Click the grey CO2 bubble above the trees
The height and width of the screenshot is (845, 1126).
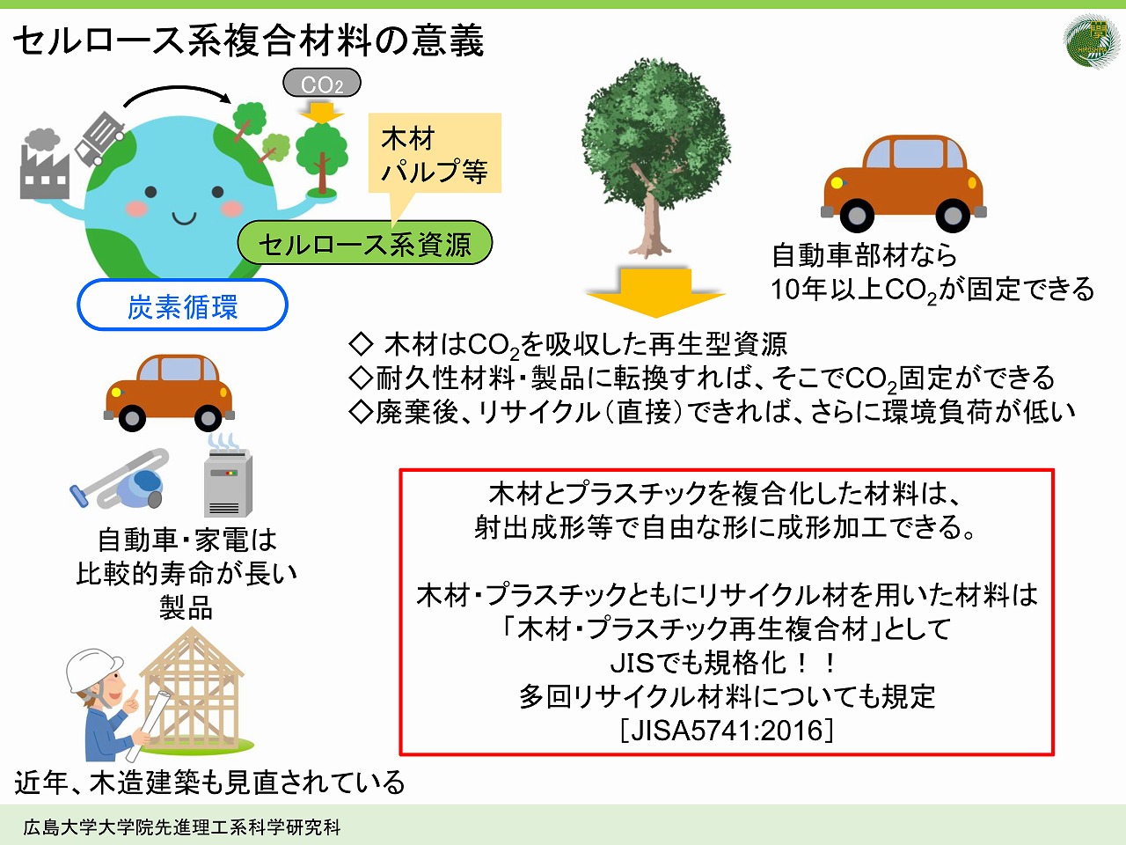click(x=322, y=83)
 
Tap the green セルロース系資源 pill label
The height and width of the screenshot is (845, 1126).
click(x=365, y=243)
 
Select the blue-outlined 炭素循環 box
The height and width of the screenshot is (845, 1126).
click(x=182, y=305)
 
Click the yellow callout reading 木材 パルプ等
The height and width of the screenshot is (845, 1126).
click(x=435, y=153)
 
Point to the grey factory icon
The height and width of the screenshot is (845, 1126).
click(x=44, y=165)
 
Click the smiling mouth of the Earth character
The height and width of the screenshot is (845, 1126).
click(x=184, y=218)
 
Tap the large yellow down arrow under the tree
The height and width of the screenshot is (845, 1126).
click(x=655, y=292)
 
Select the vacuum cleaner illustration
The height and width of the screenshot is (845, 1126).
click(x=119, y=478)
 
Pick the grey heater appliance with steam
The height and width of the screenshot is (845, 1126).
click(x=227, y=476)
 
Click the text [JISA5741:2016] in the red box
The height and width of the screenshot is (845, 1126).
click(x=727, y=730)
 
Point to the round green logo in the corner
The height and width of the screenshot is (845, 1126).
click(x=1091, y=41)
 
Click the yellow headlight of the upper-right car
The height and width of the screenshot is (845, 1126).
click(x=837, y=183)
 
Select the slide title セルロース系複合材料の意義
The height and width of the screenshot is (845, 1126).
click(x=248, y=41)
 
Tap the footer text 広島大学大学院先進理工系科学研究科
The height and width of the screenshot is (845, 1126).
click(x=182, y=827)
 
